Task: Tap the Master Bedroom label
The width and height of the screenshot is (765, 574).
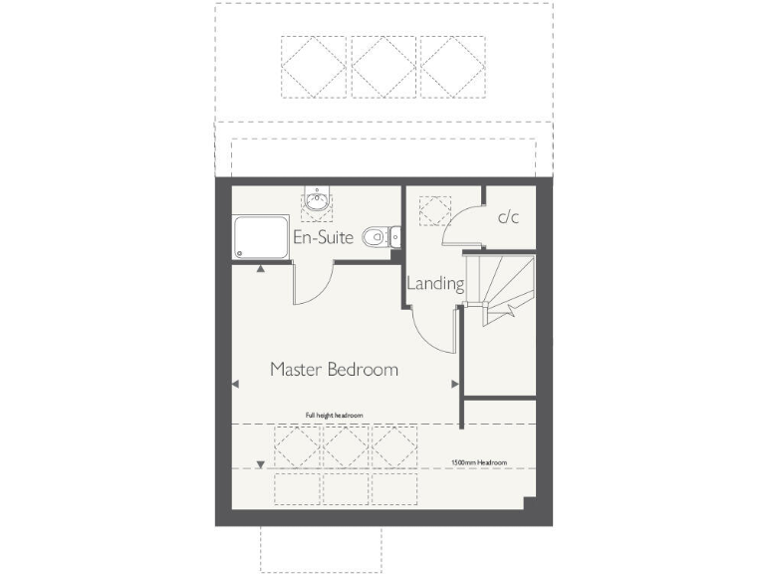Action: (x=334, y=370)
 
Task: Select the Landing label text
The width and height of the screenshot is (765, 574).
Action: (x=435, y=283)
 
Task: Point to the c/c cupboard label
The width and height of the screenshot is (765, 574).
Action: (x=508, y=217)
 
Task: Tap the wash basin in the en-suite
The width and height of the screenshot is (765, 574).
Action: (x=318, y=202)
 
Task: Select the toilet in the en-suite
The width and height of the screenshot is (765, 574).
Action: (x=376, y=236)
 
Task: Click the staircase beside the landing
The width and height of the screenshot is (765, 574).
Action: (x=503, y=286)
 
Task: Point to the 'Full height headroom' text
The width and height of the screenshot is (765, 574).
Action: (x=334, y=415)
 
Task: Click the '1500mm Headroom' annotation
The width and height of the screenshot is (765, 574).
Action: (x=478, y=463)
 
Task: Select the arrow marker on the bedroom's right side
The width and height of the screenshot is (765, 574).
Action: (x=454, y=384)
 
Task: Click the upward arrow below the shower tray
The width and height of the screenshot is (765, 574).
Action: (x=260, y=268)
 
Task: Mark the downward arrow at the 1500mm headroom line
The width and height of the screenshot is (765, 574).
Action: (x=261, y=463)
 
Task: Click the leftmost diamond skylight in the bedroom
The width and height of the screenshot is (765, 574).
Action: (x=298, y=445)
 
